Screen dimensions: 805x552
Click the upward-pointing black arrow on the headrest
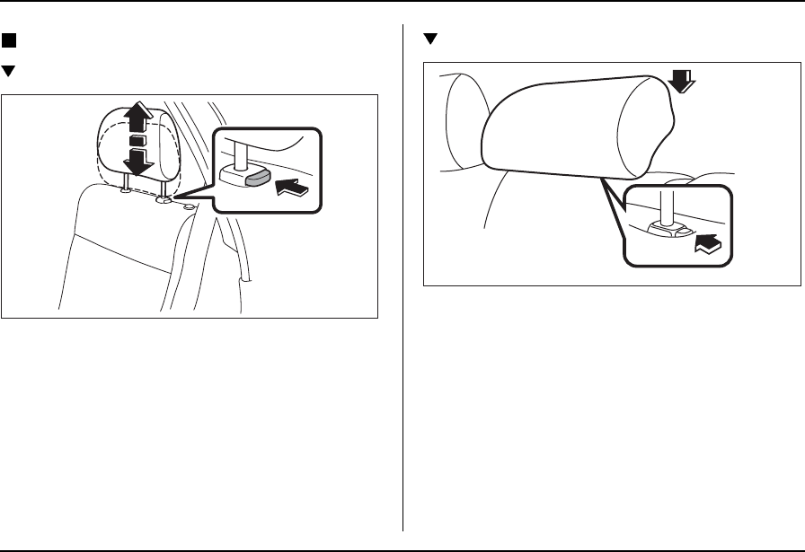pos(137,118)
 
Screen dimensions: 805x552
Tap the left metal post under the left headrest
pos(128,183)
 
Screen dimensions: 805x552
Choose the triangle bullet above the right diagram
pos(429,39)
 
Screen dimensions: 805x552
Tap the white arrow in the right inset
pos(706,243)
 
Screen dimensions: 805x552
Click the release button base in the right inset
pos(669,232)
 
